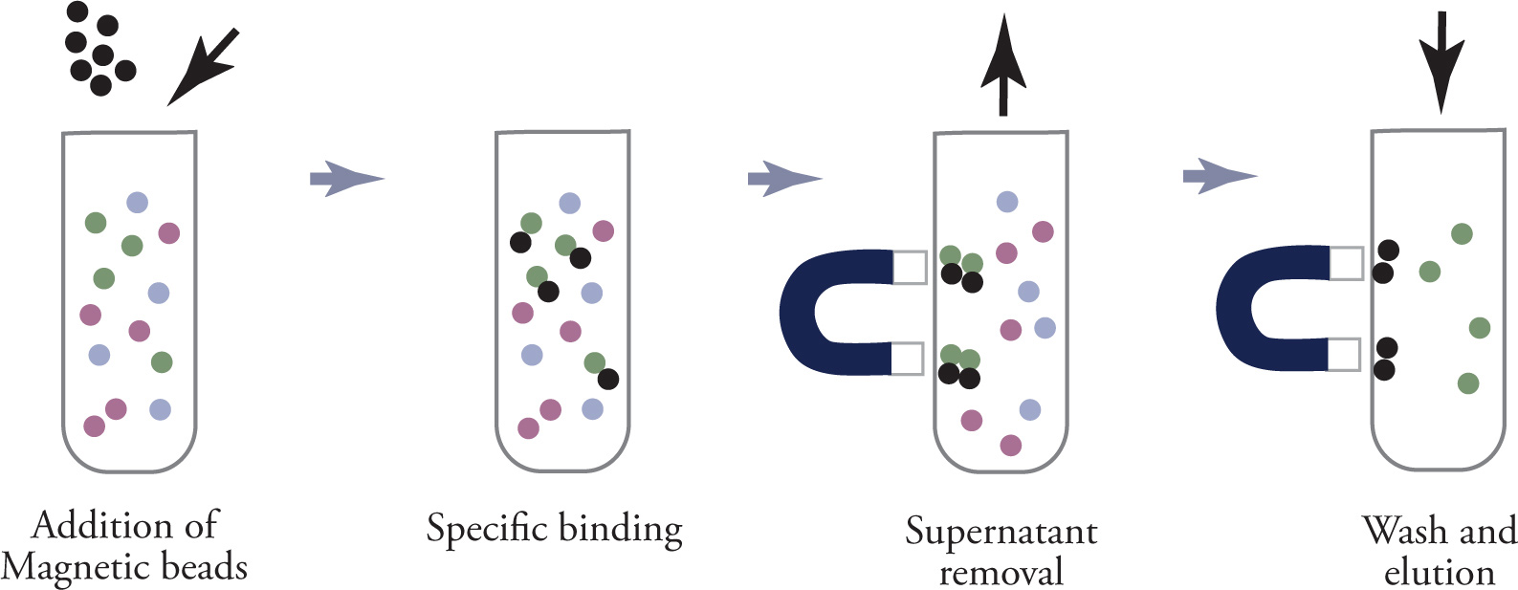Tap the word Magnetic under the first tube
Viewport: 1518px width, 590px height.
(x=64, y=567)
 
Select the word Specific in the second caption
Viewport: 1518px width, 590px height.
(x=485, y=529)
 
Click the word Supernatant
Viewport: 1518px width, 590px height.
(x=1001, y=533)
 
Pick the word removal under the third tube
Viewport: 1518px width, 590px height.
(x=1001, y=572)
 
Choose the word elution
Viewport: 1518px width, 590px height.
(x=1439, y=572)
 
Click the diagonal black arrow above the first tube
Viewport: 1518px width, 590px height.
(x=203, y=67)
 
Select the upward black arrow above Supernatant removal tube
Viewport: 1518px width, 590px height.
(x=1002, y=65)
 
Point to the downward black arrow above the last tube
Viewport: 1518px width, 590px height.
(x=1441, y=59)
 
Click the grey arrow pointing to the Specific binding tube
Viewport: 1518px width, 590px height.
(x=345, y=178)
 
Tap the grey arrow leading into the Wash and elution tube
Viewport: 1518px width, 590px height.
(x=1219, y=176)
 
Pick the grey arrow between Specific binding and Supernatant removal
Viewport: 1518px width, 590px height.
(x=783, y=178)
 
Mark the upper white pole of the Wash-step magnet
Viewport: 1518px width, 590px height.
(x=1346, y=263)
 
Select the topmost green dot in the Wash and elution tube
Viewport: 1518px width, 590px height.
(x=1461, y=233)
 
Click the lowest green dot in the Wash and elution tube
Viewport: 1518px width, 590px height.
(x=1468, y=383)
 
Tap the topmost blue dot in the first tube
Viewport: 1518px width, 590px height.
(x=138, y=202)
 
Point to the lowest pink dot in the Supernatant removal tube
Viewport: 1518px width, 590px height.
(x=1010, y=445)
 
